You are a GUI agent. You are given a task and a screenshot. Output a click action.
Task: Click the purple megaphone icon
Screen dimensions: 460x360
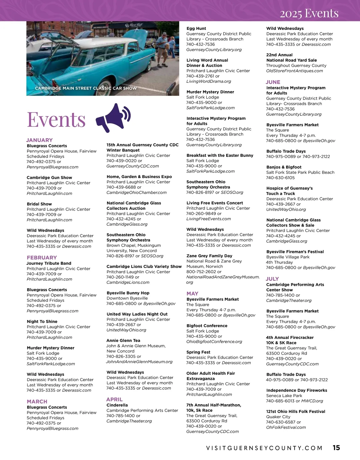pyautogui.click(x=113, y=118)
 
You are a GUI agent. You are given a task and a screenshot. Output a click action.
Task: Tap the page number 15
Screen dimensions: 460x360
pyautogui.click(x=336, y=447)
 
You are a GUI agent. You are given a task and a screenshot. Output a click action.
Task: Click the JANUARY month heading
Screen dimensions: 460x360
pyautogui.click(x=39, y=140)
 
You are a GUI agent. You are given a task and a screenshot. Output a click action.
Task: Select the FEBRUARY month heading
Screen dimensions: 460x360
pyautogui.click(x=42, y=257)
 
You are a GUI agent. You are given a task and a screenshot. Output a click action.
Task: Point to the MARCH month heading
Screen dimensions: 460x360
pyautogui.click(x=37, y=401)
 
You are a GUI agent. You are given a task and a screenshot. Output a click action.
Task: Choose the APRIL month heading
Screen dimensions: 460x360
pyautogui.click(x=114, y=399)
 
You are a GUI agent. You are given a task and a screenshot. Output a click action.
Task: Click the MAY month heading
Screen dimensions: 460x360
pyautogui.click(x=192, y=293)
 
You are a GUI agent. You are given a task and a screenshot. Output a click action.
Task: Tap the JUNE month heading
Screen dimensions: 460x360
pyautogui.click(x=273, y=82)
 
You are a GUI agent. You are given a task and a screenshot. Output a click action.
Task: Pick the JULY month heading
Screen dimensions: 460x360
pyautogui.click(x=272, y=279)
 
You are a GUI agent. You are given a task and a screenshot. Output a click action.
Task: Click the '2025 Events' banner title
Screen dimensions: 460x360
pyautogui.click(x=309, y=13)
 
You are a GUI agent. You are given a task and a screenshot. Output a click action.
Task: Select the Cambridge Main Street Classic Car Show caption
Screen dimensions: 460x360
pyautogui.click(x=86, y=88)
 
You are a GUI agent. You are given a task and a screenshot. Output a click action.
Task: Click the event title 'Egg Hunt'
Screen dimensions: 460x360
pyautogui.click(x=196, y=28)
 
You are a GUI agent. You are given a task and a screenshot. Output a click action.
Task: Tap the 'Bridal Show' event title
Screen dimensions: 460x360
pyautogui.click(x=39, y=204)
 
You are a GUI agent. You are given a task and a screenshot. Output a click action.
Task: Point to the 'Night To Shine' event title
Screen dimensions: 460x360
pyautogui.click(x=42, y=321)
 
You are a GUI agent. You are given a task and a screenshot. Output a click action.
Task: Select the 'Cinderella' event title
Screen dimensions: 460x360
pyautogui.click(x=117, y=405)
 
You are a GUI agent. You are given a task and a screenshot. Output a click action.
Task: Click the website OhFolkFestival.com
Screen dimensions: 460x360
pyautogui.click(x=286, y=427)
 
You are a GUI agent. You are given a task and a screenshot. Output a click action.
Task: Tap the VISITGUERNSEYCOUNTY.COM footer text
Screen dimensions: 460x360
pyautogui.click(x=264, y=448)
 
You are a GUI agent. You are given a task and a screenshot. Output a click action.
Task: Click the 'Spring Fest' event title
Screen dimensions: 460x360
pyautogui.click(x=198, y=352)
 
